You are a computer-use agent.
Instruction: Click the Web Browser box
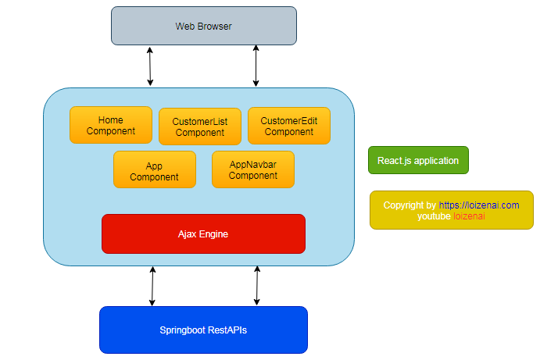point(203,26)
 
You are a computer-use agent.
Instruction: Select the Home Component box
point(111,125)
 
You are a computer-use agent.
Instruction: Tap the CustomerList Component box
point(200,127)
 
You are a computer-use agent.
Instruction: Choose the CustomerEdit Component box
point(289,126)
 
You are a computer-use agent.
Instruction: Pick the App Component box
point(154,170)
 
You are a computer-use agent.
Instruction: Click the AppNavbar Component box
point(253,169)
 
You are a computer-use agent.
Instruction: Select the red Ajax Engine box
point(203,233)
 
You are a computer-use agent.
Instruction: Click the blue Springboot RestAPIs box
point(203,330)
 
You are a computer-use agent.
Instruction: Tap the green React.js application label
point(418,160)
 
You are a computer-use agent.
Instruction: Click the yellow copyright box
point(451,210)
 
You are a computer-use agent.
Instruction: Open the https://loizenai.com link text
point(478,205)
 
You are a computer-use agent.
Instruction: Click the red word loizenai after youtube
point(469,216)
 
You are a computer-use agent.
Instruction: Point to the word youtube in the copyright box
point(435,216)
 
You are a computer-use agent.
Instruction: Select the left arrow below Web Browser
point(150,66)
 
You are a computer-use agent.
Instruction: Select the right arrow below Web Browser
point(256,66)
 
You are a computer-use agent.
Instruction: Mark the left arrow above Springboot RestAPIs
point(152,286)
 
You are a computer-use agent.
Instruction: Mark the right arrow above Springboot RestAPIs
point(256,286)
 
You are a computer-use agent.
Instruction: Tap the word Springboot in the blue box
point(181,330)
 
